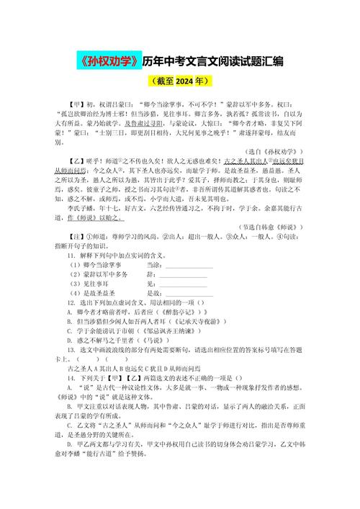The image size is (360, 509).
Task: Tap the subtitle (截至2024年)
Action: click(x=179, y=81)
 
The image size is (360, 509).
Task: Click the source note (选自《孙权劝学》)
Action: click(x=274, y=152)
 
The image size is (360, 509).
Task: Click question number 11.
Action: click(x=71, y=255)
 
